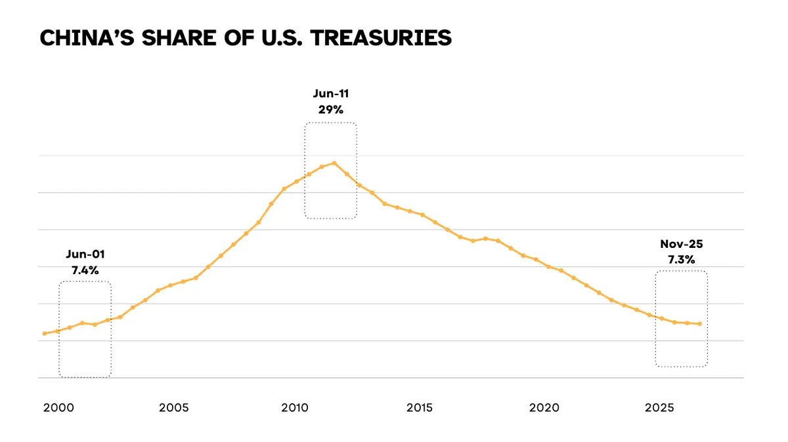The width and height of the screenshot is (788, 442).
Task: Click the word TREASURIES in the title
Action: [x=381, y=38]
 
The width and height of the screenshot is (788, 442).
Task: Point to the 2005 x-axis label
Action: [x=173, y=408]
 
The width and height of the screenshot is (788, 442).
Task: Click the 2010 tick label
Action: [x=295, y=408]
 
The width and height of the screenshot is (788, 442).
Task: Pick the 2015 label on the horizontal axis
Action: [x=420, y=408]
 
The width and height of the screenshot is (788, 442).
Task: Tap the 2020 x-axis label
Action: [x=544, y=408]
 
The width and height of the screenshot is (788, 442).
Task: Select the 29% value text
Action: [x=331, y=110]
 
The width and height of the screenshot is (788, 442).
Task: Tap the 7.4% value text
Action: [x=85, y=270]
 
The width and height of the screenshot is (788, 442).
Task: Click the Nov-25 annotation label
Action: [x=682, y=245]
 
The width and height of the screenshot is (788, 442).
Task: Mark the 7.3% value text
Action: [x=682, y=259]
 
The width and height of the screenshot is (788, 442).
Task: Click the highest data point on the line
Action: [x=334, y=163]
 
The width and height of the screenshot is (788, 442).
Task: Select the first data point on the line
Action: [x=44, y=333]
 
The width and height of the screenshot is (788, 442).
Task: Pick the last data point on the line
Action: [x=700, y=324]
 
